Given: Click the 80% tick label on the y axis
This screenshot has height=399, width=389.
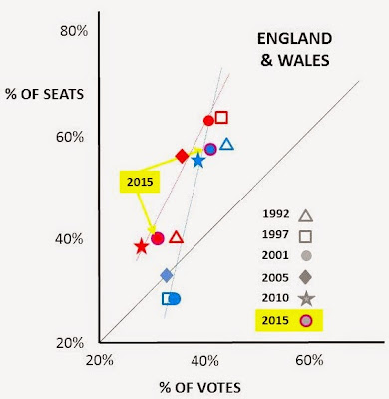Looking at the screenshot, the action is [74, 31].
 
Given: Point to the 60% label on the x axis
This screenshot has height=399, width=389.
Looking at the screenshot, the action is [309, 360].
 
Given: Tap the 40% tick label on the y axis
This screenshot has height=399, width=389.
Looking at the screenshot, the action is [69, 239].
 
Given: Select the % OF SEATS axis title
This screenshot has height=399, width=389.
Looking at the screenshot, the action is [45, 94].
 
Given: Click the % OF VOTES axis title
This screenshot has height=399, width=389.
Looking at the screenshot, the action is [200, 388].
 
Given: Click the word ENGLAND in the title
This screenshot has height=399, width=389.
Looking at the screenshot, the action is [295, 39].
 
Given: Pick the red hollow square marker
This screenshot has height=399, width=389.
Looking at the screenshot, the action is [221, 118].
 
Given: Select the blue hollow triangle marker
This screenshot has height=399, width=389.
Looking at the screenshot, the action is [227, 145].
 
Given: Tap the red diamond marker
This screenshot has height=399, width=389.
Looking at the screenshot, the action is [182, 156].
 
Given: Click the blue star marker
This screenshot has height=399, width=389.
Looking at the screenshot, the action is [198, 161].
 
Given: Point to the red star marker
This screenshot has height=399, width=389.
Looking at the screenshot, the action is [142, 246].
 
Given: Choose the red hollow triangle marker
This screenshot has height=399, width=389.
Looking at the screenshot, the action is [177, 237].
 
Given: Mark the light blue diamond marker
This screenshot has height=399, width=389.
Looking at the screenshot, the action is [167, 275].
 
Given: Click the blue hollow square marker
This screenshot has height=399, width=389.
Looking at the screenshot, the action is [167, 299].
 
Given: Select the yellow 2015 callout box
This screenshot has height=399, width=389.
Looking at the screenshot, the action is [140, 182].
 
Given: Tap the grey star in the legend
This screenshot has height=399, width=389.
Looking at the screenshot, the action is [306, 299].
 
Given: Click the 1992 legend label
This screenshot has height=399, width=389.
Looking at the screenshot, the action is [276, 214].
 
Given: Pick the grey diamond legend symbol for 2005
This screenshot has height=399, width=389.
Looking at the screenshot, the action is [306, 277].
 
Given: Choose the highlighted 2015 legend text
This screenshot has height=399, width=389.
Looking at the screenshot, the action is [275, 320].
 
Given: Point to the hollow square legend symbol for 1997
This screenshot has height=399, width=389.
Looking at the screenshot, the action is [305, 236].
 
